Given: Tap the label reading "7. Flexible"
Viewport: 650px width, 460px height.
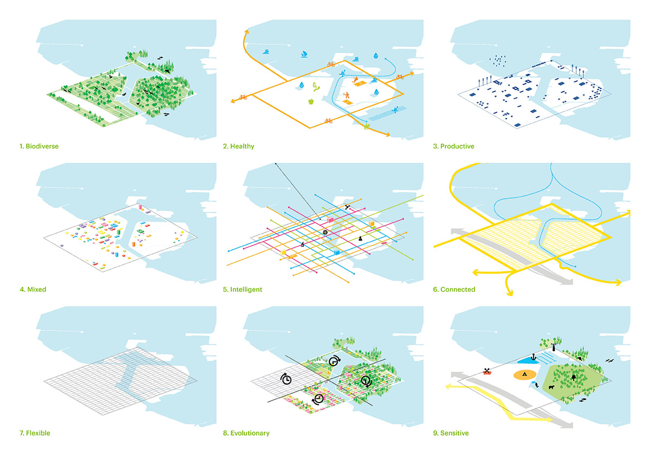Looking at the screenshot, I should pos(37,433).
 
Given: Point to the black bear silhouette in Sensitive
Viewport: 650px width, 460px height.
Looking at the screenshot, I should pos(551,386).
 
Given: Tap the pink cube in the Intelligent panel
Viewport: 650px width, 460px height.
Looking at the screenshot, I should pos(330,221).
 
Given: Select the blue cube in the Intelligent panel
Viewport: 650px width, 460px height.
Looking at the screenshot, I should pos(336,252).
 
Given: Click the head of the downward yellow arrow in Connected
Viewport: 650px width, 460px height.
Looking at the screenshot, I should pos(510,294).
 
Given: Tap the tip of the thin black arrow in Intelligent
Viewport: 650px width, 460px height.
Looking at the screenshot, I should pos(275,163).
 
